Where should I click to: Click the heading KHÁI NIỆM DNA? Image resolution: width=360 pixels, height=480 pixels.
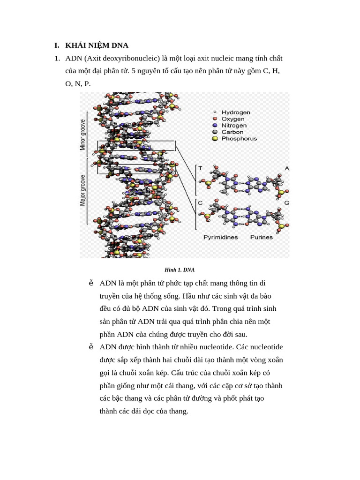[97, 45]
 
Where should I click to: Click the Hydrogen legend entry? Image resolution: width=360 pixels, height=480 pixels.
[236, 112]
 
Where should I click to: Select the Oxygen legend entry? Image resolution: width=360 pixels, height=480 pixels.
[233, 119]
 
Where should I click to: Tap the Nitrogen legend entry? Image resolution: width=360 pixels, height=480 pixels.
[234, 126]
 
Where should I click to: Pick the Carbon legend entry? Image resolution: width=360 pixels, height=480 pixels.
[232, 132]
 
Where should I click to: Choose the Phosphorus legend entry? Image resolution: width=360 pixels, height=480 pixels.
[239, 139]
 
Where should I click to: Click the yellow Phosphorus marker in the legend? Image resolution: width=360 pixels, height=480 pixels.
[215, 139]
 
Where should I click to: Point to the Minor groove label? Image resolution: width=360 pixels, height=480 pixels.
[83, 135]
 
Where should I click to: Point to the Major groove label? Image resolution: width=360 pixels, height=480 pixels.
[83, 190]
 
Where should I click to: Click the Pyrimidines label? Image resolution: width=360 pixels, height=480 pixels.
[220, 237]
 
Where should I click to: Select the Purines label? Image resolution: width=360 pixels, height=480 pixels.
[261, 237]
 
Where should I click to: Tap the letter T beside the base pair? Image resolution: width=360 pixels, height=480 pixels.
[200, 168]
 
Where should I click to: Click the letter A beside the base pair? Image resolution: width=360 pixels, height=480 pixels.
[286, 168]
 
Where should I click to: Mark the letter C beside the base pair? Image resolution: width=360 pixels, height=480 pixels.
[200, 203]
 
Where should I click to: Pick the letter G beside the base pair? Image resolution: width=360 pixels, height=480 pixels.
[286, 203]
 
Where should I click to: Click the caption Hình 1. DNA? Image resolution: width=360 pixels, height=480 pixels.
[180, 270]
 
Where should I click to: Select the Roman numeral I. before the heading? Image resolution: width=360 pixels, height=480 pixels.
[57, 45]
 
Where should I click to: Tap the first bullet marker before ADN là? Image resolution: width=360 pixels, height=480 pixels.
[91, 283]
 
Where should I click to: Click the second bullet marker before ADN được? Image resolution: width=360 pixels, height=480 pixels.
[91, 347]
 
